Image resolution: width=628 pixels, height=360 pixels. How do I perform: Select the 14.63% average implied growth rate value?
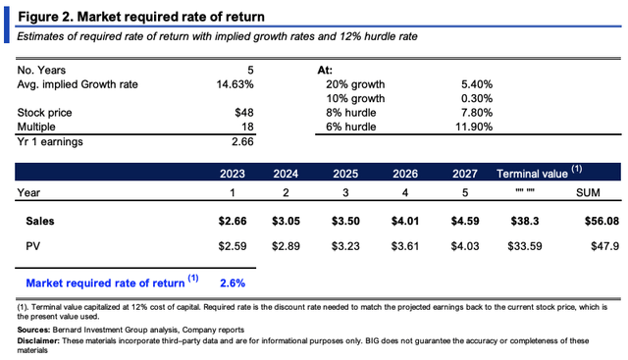[x=235, y=84]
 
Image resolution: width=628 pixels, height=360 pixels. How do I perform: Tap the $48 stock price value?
[x=244, y=113]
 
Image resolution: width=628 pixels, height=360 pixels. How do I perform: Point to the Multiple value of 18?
[x=247, y=127]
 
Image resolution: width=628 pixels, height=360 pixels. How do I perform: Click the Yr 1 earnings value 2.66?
[x=242, y=142]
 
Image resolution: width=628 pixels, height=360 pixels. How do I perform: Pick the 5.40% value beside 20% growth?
[x=477, y=84]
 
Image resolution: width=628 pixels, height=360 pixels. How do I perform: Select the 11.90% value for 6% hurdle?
[x=474, y=127]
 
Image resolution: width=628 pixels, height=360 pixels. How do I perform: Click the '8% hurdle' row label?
[x=351, y=113]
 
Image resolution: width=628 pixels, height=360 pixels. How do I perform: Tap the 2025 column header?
[x=345, y=174]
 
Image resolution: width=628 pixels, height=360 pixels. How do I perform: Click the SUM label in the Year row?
[x=588, y=192]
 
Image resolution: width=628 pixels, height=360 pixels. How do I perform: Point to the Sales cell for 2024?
[x=286, y=221]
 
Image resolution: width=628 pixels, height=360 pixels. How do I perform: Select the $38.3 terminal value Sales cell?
[x=525, y=221]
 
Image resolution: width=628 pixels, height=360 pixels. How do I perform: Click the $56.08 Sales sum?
[x=602, y=221]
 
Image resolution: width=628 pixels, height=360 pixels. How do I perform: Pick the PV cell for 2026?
[x=405, y=246]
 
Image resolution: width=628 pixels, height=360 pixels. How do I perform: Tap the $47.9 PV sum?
[x=604, y=246]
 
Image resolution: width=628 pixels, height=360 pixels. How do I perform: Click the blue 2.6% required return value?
[x=233, y=283]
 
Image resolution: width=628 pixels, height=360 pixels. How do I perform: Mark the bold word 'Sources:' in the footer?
[x=33, y=330]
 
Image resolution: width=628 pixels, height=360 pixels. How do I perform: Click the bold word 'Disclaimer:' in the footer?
[x=38, y=340]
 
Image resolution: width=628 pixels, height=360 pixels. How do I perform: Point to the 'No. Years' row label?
[x=41, y=70]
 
